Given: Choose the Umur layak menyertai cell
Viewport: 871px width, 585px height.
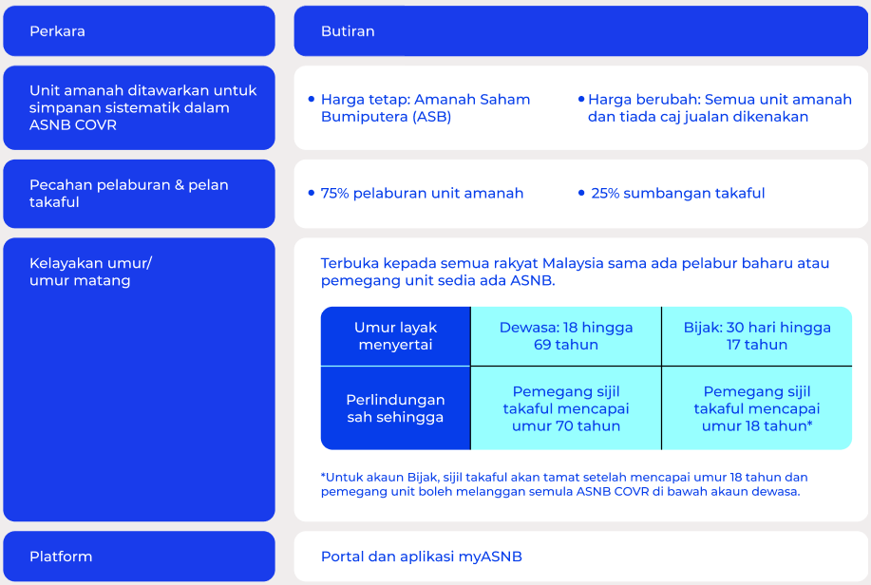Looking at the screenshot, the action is (395, 336).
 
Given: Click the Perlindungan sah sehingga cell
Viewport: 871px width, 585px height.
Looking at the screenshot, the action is (395, 408).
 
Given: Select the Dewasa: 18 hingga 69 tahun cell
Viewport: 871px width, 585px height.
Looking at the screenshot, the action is (566, 336).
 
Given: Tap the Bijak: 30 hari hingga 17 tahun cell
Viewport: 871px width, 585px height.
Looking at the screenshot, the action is (757, 336).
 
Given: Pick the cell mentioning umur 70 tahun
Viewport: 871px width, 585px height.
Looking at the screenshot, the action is (566, 408).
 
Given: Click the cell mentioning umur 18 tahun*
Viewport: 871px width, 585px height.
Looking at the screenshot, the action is (757, 408).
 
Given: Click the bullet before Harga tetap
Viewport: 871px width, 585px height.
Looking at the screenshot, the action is (312, 100).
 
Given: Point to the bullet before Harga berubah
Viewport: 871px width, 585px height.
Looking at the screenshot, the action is (581, 100).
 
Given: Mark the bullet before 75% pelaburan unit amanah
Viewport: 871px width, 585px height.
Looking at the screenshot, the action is (312, 194).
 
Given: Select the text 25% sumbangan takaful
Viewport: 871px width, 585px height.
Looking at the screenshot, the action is (677, 194).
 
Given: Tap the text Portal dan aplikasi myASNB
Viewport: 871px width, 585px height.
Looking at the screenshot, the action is (422, 557).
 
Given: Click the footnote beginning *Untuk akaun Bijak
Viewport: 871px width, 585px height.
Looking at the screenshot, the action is (564, 484).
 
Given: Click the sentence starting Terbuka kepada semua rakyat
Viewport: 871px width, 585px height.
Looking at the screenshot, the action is (575, 272).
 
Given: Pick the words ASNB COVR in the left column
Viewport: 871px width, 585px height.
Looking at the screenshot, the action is (73, 125).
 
